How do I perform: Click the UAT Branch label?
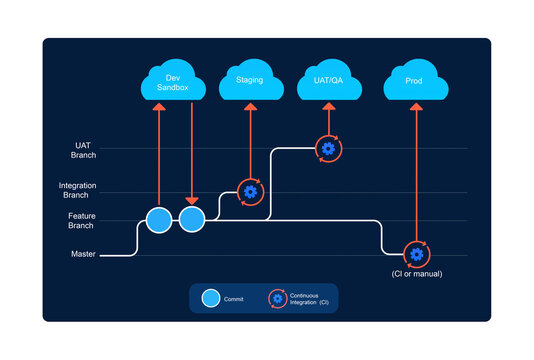pos(83,150)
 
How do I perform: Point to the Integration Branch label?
pos(77,189)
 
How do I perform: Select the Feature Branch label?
pos(83,221)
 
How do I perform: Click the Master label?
pos(83,254)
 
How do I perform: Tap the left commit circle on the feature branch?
pos(158,219)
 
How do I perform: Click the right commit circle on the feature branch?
pos(191,219)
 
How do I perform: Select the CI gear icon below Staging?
pos(251,191)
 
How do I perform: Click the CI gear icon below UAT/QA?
pos(328,149)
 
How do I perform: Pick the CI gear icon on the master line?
pos(416,254)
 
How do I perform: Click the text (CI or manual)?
pos(416,273)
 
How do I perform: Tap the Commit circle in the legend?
pos(210,297)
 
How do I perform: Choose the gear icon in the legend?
pos(277,297)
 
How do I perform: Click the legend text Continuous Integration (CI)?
pos(309,298)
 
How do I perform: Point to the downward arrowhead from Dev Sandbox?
pos(191,200)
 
